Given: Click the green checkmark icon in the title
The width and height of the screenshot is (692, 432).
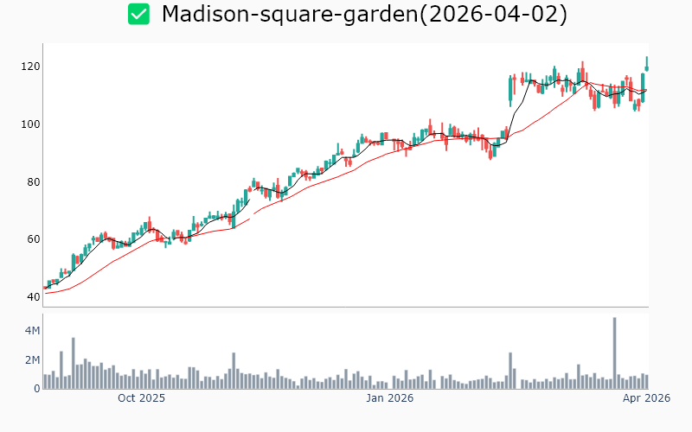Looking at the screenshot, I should [x=138, y=15].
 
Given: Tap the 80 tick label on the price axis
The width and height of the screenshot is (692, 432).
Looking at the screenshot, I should [x=34, y=182].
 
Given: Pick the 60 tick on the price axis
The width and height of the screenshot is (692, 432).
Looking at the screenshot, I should [x=34, y=239].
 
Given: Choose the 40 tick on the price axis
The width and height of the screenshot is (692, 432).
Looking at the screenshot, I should [x=34, y=297].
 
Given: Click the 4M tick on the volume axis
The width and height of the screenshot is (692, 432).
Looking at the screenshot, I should [x=31, y=331].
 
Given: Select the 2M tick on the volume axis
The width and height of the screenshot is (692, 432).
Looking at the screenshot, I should [x=31, y=360].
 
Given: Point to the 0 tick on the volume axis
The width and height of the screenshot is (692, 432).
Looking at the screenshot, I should [x=36, y=389].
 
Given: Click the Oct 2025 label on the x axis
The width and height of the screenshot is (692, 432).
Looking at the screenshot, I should [x=141, y=398].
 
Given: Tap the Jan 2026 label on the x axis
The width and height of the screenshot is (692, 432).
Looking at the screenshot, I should [x=389, y=398].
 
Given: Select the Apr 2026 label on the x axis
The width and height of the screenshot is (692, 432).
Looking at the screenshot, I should [x=646, y=398].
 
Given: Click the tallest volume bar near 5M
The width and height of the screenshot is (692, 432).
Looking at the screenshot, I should [x=614, y=354].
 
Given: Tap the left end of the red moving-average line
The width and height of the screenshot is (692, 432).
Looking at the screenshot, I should [x=45, y=293].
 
